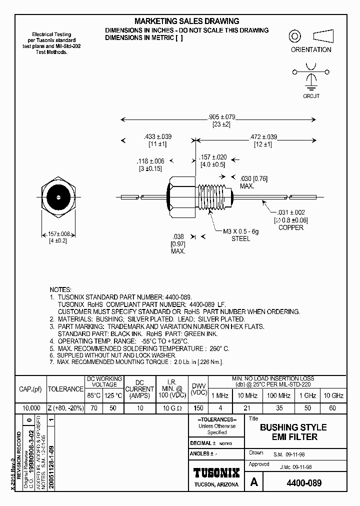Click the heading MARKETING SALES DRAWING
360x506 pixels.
186,21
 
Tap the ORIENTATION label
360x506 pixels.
311,50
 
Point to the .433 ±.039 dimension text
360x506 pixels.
157,136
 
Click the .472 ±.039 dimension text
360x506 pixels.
262,136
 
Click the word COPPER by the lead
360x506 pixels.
290,228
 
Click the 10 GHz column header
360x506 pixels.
333,395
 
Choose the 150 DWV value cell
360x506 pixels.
198,408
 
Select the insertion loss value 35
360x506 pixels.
279,408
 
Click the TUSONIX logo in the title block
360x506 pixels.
216,472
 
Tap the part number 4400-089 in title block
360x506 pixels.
304,483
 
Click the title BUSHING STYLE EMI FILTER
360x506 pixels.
293,432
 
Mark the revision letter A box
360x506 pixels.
254,483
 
